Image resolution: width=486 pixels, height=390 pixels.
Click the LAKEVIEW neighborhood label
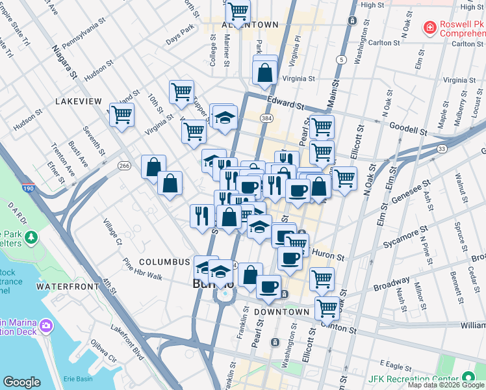(x=79, y=101)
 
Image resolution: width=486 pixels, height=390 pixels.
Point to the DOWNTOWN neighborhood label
(x=281, y=312)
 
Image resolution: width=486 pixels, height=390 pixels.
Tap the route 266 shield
(x=125, y=166)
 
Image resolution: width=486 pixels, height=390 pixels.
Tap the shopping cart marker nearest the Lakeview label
(x=122, y=115)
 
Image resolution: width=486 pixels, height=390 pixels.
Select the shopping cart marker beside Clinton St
(x=327, y=307)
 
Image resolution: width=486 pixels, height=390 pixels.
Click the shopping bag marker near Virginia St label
(x=265, y=73)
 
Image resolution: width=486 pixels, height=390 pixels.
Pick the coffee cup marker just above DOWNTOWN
(x=268, y=286)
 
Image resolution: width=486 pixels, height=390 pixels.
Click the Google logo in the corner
(x=21, y=382)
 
